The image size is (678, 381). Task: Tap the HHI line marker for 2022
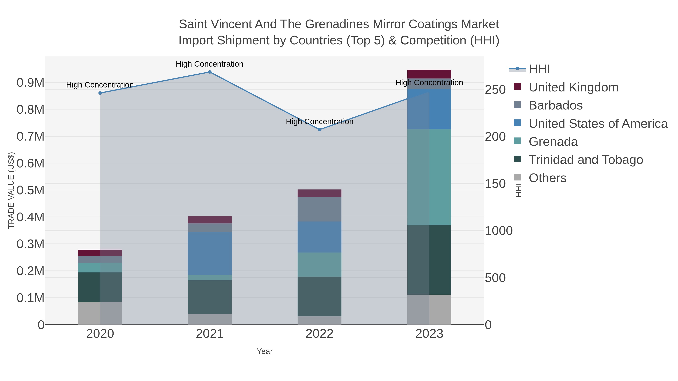click(x=320, y=130)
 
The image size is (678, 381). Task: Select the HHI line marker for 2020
click(x=100, y=93)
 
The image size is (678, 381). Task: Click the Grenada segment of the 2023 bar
click(x=429, y=177)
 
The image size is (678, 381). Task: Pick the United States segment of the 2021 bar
click(x=210, y=253)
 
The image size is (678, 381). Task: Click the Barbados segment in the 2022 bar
click(x=320, y=209)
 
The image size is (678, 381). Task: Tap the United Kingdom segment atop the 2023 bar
click(x=429, y=74)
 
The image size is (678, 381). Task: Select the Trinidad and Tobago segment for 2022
click(x=320, y=296)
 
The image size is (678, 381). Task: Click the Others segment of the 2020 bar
click(x=100, y=313)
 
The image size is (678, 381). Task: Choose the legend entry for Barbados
click(x=555, y=105)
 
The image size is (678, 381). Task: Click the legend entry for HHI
click(x=539, y=69)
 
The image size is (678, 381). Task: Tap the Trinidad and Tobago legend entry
click(x=586, y=160)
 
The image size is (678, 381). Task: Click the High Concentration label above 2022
click(x=320, y=122)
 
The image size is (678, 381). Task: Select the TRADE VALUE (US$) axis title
click(x=11, y=190)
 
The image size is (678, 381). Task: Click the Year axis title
click(x=265, y=351)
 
